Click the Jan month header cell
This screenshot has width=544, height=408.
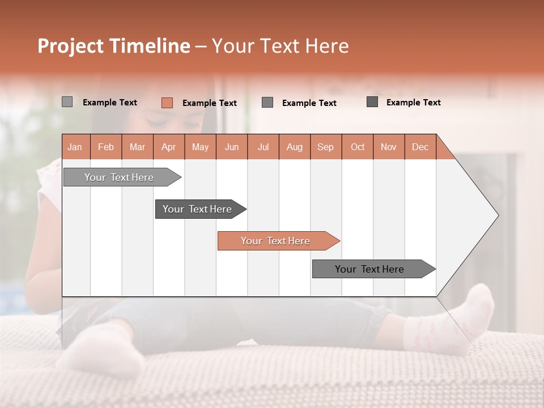(75, 147)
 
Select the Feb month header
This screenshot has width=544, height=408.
(106, 147)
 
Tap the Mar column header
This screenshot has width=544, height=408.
(137, 147)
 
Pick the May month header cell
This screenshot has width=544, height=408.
(200, 147)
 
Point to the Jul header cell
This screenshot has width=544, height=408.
(263, 147)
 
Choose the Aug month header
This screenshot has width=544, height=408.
(294, 147)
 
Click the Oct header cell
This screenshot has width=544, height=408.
(358, 147)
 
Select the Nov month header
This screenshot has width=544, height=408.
(389, 147)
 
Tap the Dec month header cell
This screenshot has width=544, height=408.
(420, 147)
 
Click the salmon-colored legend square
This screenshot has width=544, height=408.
(167, 103)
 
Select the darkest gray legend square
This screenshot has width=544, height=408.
(372, 102)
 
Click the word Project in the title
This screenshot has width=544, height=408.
(71, 46)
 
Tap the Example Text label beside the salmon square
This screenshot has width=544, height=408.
(210, 103)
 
